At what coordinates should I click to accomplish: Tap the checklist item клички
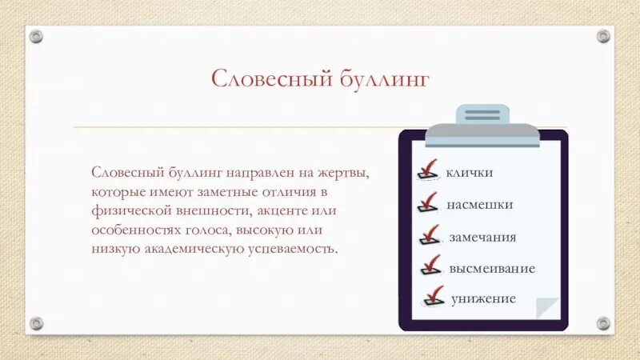point(469,172)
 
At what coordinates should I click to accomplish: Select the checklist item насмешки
point(479,205)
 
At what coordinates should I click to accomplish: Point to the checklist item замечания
point(482,238)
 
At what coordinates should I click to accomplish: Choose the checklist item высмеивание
point(491,269)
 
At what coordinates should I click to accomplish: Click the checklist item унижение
point(482,299)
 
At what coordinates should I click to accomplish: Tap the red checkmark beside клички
point(429,170)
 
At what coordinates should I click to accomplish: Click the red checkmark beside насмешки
point(429,202)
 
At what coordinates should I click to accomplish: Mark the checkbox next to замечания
point(430,234)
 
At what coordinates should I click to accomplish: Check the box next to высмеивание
point(431,265)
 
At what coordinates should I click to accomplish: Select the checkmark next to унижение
point(433,296)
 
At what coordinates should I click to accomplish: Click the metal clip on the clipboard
point(482,126)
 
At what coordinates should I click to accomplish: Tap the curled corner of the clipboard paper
point(548,307)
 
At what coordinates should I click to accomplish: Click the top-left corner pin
point(37,36)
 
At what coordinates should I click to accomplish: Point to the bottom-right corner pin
point(602,323)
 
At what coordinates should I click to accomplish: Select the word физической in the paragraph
point(126,211)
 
